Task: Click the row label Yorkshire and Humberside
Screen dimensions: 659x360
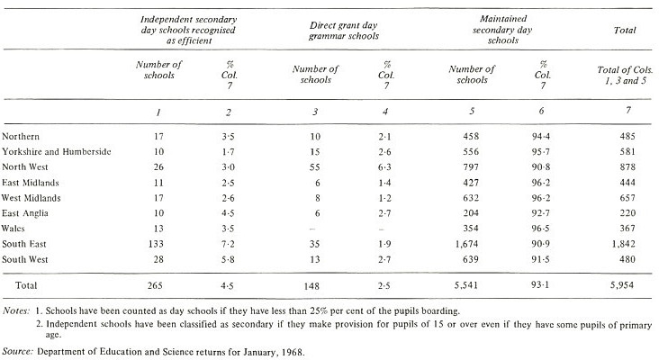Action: click(x=57, y=151)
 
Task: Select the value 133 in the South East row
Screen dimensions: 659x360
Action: click(x=156, y=244)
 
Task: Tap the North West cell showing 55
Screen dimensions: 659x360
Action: click(x=315, y=167)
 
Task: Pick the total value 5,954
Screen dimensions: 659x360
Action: click(x=621, y=285)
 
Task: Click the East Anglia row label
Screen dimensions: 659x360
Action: click(x=25, y=213)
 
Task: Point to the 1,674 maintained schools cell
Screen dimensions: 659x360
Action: click(x=466, y=244)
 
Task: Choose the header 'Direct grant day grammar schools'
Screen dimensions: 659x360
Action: click(x=344, y=31)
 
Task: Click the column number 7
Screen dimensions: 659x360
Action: click(x=627, y=110)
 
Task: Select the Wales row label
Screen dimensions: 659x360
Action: click(x=13, y=229)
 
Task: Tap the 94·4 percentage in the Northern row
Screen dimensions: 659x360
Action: click(x=541, y=136)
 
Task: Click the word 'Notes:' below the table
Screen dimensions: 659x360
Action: click(x=16, y=311)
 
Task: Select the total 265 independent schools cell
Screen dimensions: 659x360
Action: click(x=155, y=285)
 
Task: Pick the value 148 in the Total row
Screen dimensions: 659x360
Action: click(x=311, y=286)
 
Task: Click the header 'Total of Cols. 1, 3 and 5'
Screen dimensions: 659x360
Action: click(x=625, y=76)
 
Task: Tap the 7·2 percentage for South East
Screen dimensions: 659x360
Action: click(x=228, y=244)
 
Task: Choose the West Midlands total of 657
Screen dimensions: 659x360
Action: click(x=627, y=198)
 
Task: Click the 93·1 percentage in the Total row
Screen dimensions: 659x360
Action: click(x=540, y=284)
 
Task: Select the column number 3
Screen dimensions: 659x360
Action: click(x=315, y=112)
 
